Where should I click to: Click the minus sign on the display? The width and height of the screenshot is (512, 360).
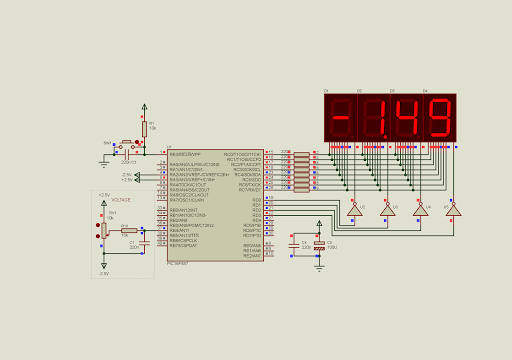(341, 118)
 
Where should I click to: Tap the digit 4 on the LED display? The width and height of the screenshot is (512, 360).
(407, 118)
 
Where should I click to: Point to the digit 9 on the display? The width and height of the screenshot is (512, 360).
(439, 118)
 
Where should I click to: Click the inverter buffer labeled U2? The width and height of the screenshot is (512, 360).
(354, 210)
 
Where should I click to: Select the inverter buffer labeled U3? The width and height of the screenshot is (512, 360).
(387, 210)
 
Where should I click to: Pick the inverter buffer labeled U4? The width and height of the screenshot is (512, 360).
(420, 210)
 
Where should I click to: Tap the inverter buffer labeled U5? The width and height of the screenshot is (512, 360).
(453, 210)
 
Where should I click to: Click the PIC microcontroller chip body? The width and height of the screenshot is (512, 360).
(215, 205)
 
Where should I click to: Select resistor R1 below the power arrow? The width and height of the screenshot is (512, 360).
(144, 128)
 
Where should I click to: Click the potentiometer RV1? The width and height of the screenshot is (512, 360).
(104, 229)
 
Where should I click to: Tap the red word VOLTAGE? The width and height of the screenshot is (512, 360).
(121, 200)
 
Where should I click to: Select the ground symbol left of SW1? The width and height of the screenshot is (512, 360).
(104, 162)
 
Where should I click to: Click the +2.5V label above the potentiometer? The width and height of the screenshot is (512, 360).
(104, 195)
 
